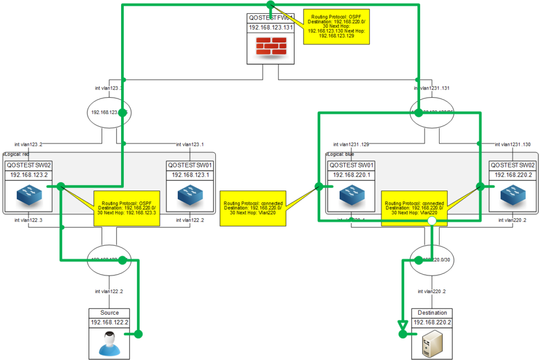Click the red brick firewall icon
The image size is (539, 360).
click(x=269, y=47)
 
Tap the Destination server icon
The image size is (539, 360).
click(x=432, y=344)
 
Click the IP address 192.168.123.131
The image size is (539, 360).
click(x=269, y=28)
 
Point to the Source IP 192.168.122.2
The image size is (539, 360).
click(x=109, y=322)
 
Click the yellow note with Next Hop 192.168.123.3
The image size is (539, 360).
click(x=126, y=208)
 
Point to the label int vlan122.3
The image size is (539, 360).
click(x=28, y=220)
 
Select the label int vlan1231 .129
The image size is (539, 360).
click(x=351, y=144)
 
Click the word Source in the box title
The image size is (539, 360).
click(x=109, y=313)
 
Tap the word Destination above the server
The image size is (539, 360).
click(x=432, y=313)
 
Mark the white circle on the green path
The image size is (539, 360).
click(x=431, y=221)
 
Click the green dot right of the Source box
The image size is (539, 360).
click(x=138, y=334)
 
